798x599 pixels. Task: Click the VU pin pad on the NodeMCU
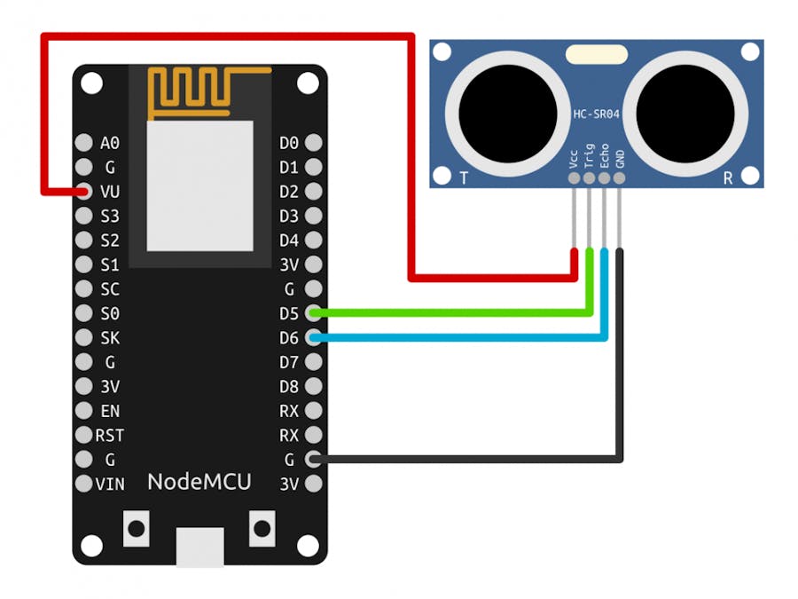click(84, 191)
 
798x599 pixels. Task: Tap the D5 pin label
click(289, 313)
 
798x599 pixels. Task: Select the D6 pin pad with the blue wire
click(313, 337)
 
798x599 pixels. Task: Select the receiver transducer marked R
click(685, 113)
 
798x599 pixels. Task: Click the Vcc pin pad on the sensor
click(574, 178)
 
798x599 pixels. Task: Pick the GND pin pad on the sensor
click(619, 178)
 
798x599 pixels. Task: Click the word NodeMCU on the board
click(199, 482)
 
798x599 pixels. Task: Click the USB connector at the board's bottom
click(199, 546)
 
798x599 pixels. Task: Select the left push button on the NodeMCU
click(136, 529)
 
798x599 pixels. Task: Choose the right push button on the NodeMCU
click(262, 529)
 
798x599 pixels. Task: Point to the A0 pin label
click(110, 142)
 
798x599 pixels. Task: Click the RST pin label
click(110, 435)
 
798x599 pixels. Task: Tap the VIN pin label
click(110, 484)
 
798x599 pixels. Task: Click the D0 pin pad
click(313, 142)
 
